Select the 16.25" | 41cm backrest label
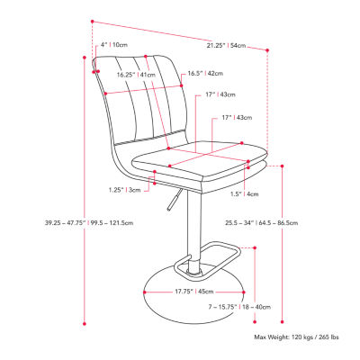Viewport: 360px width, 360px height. click(134, 76)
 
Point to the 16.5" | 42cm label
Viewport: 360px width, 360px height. click(206, 75)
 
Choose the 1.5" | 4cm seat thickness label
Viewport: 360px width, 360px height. click(244, 193)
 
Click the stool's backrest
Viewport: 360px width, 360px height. click(139, 103)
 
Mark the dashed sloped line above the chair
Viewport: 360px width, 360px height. click(180, 33)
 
